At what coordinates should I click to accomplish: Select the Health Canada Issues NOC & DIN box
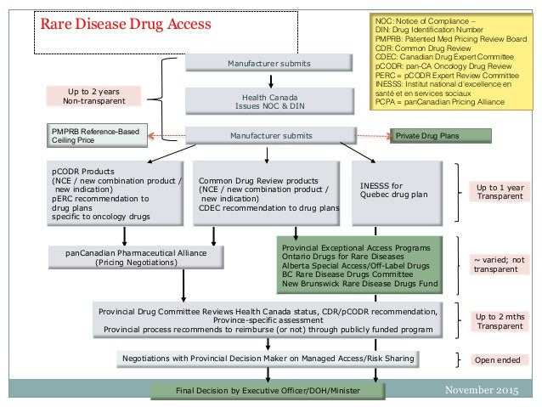269,102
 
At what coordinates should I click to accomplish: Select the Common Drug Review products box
268,194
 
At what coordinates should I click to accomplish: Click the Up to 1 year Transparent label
500,193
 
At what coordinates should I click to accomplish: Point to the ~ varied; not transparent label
500,263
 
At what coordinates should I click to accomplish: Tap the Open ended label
497,360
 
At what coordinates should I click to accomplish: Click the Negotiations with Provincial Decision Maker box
268,359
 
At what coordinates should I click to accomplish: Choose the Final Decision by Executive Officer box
263,390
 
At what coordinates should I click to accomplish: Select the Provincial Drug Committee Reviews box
268,320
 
